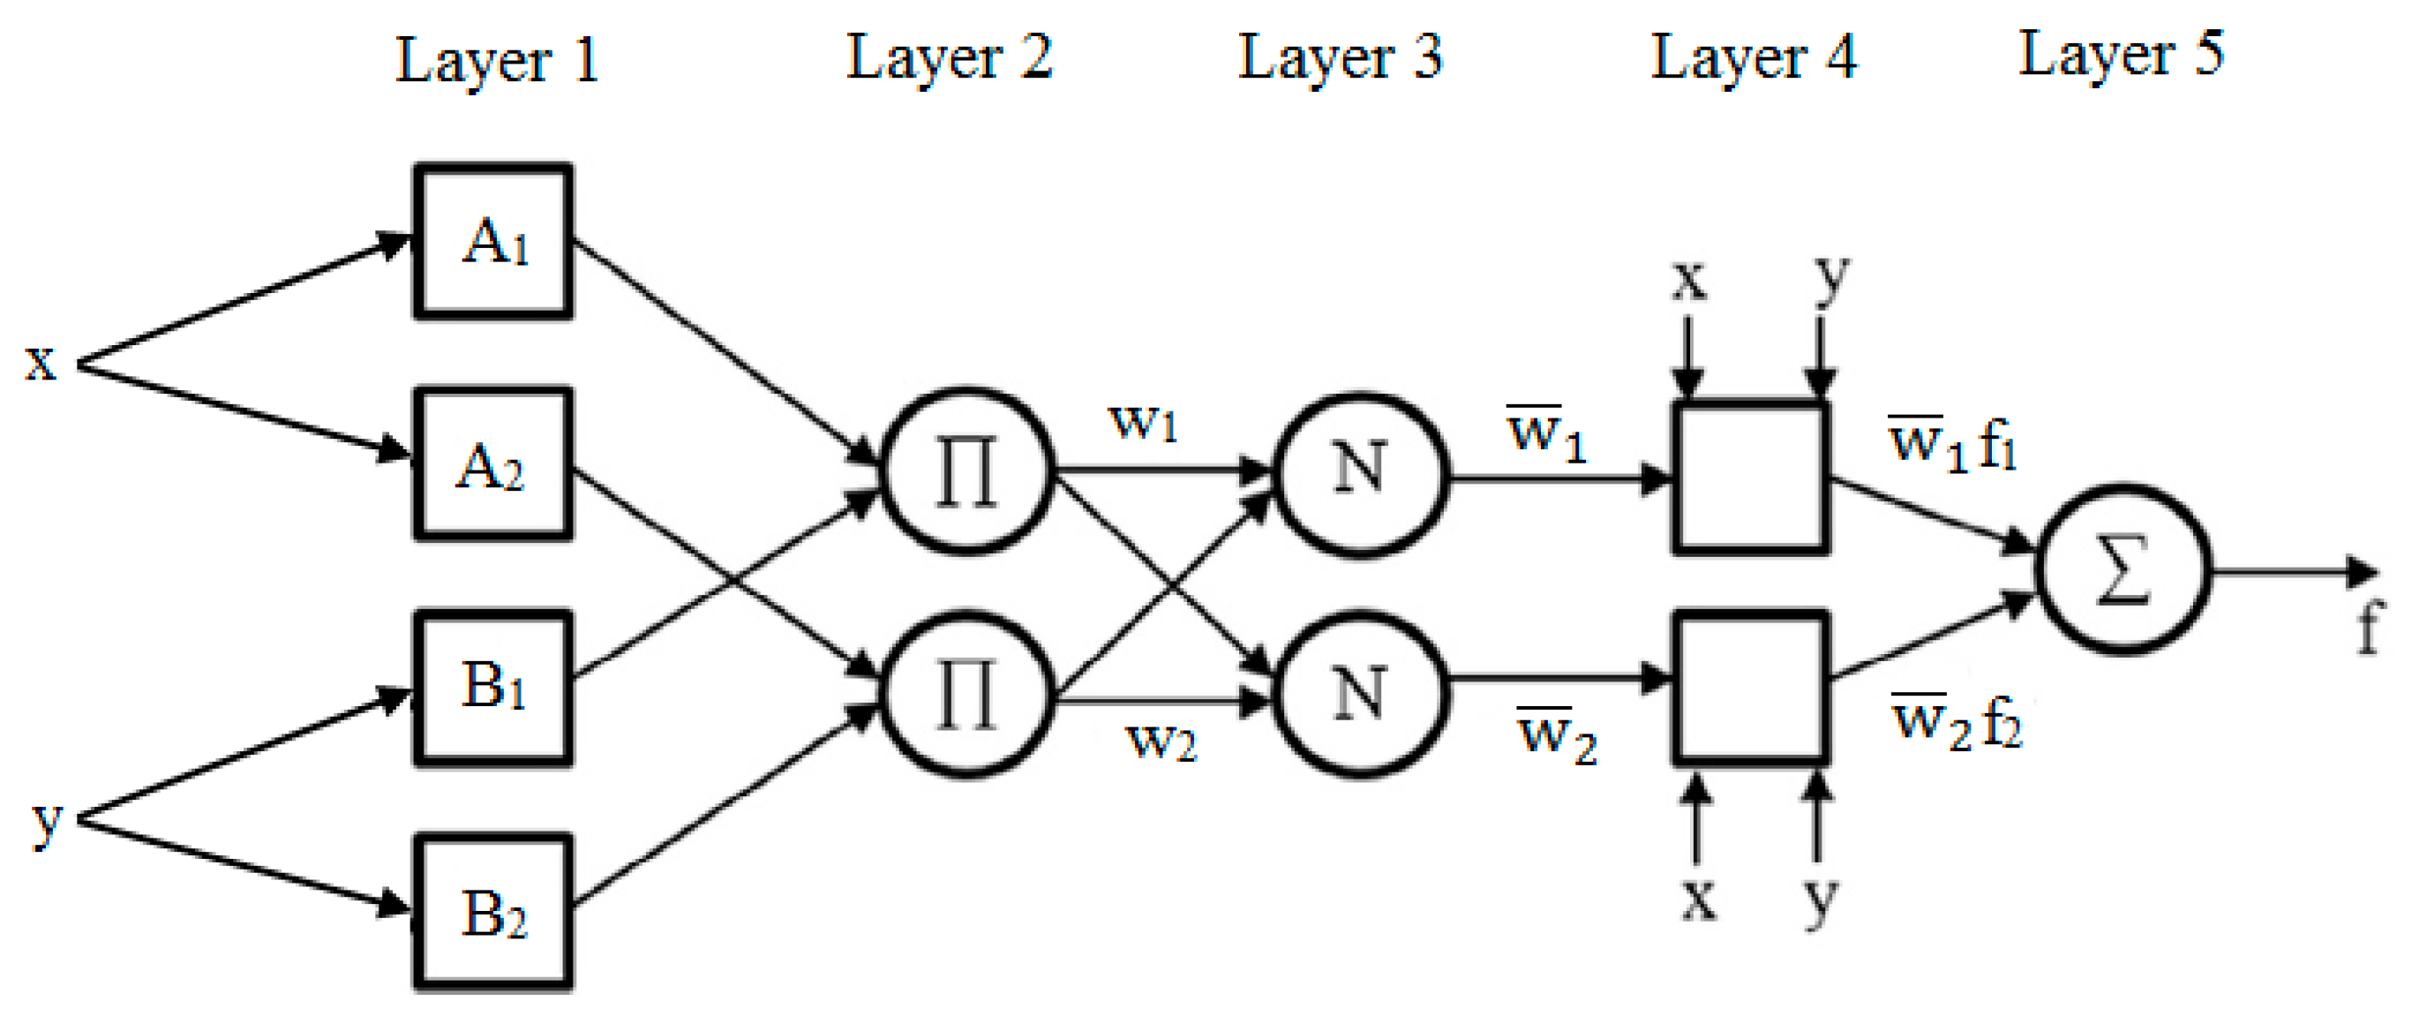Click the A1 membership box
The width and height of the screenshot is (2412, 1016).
click(493, 242)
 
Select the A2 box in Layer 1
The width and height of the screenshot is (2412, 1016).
click(493, 464)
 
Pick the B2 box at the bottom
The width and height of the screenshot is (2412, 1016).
click(493, 912)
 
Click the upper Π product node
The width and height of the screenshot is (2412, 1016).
click(967, 471)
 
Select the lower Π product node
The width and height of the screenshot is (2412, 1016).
click(967, 695)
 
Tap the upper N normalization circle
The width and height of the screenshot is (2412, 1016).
click(1361, 475)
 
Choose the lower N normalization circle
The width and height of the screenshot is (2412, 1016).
click(1361, 695)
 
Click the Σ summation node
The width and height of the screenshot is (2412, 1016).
click(2123, 569)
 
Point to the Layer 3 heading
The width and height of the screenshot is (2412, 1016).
click(1340, 58)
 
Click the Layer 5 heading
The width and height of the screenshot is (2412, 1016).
click(2120, 55)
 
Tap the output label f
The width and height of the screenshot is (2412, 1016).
click(2369, 629)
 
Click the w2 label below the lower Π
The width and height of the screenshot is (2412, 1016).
click(1161, 741)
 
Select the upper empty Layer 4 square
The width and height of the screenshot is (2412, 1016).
click(1750, 478)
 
